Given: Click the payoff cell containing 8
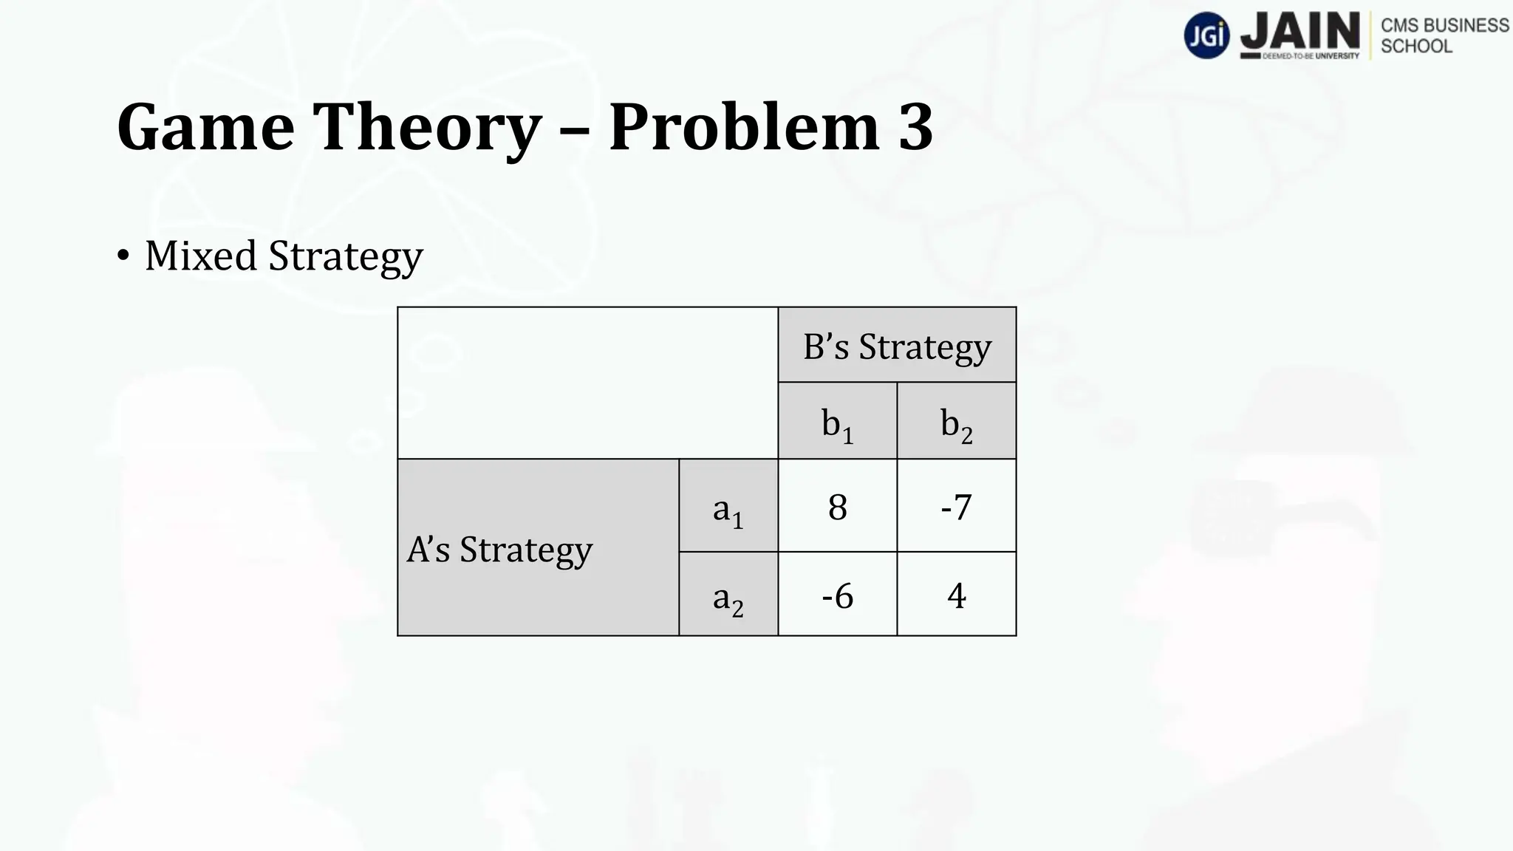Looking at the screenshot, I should pos(837,507).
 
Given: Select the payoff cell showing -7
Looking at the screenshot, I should pos(956,507).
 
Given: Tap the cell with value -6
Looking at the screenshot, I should pos(837,595).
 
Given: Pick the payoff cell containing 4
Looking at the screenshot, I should pos(956,595).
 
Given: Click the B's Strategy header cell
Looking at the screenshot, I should pos(897,346).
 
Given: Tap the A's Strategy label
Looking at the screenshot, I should pos(499,549).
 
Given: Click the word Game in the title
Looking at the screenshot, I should pos(205,127).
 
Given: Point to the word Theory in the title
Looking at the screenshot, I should pos(428,127).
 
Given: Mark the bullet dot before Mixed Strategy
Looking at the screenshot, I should pos(123,256).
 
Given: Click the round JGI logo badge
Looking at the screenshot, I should pos(1206,35).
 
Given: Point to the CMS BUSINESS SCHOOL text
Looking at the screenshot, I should pos(1444,35).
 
